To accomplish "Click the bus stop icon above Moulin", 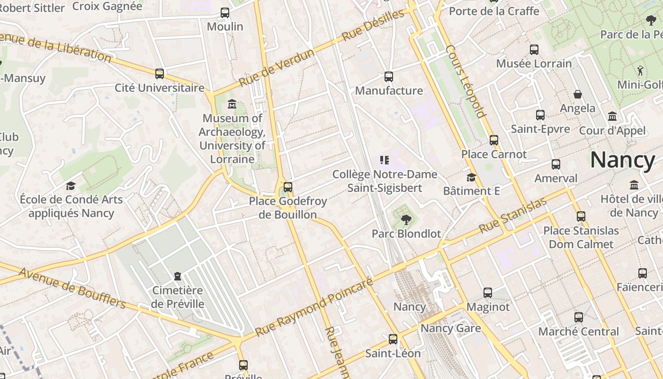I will pos(225,13).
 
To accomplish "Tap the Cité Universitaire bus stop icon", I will pos(160,73).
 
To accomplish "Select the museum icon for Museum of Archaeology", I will pos(232,104).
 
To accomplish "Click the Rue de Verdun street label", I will pos(277,68).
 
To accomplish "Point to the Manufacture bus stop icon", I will pos(389,76).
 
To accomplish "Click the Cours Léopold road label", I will pos(466,81).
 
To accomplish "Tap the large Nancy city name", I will pos(622,160).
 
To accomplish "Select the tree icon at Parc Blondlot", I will pos(406,219).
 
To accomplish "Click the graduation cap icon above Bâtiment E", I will pos(471,177).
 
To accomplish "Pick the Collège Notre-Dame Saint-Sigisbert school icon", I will pos(385,160).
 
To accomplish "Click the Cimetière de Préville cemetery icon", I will pos(178,276).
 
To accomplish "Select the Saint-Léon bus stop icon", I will pos(393,339).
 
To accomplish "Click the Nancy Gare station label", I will pos(450,328).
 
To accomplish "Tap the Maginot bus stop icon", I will pos(488,292).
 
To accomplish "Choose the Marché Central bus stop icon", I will pos(578,317).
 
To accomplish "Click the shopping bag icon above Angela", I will pos(577,94).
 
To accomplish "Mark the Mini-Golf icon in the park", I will pos(640,71).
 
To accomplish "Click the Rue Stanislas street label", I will pos(513,215).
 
